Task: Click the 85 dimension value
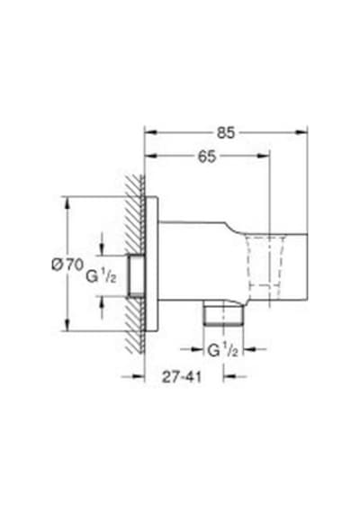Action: (x=226, y=132)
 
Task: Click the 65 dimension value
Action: (x=207, y=157)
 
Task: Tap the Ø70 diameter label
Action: (x=67, y=265)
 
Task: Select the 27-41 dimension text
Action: (x=182, y=377)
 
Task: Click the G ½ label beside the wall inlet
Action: (x=101, y=277)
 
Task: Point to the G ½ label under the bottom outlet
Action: (x=223, y=350)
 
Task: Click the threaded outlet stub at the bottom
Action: (x=223, y=316)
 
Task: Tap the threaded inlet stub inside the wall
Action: (x=136, y=275)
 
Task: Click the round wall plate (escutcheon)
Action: (x=151, y=264)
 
